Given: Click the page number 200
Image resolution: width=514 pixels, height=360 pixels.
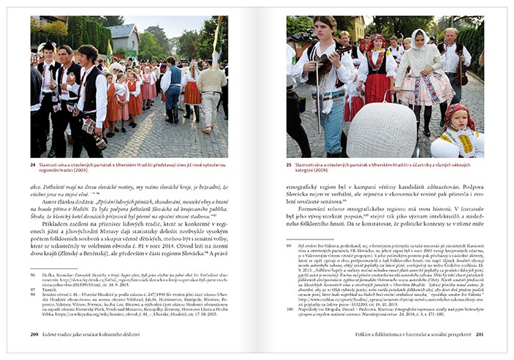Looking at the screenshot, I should (x=35, y=334).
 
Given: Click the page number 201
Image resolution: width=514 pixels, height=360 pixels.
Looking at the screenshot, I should (x=479, y=334).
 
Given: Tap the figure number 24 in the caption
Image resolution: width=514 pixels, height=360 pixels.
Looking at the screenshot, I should (x=33, y=165).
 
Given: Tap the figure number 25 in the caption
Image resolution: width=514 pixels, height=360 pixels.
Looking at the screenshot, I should (x=289, y=165).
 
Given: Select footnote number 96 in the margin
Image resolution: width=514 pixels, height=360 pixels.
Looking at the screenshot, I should (x=33, y=273).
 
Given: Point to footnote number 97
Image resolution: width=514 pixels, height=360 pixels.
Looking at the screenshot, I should (x=33, y=289).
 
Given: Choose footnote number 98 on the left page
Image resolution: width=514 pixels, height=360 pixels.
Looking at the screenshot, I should (x=33, y=295).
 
